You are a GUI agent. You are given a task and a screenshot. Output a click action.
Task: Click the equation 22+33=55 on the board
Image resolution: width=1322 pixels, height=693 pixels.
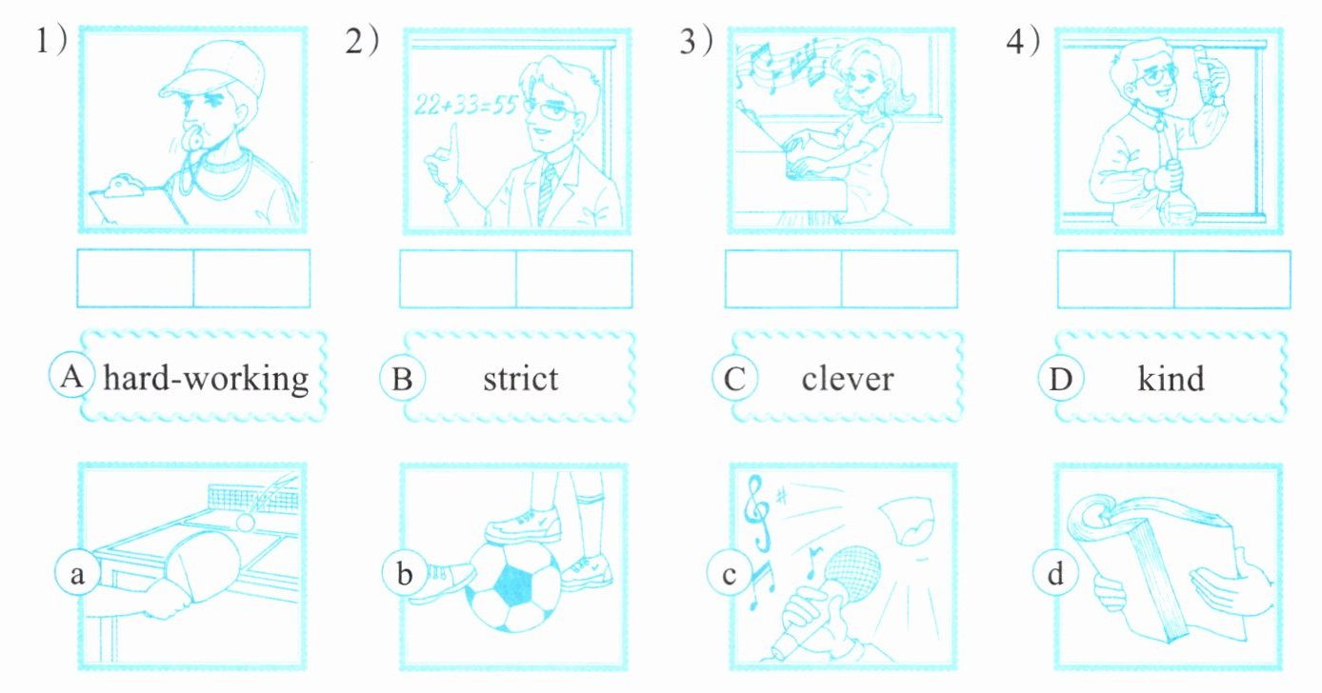pyautogui.click(x=466, y=106)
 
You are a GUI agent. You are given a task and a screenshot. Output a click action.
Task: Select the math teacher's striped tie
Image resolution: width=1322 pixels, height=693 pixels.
pyautogui.click(x=547, y=194)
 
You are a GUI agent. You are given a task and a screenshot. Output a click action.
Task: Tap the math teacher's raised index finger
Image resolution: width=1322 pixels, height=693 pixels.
pyautogui.click(x=453, y=140)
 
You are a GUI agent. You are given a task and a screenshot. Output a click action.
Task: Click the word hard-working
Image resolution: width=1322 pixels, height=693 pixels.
pyautogui.click(x=206, y=379)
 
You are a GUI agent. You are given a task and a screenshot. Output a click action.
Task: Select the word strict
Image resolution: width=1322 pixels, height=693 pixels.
pyautogui.click(x=521, y=379)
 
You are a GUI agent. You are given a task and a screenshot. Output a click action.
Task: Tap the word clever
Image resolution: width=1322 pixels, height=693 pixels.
pyautogui.click(x=848, y=379)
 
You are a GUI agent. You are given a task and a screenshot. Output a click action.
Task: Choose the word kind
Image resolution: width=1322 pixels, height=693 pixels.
pyautogui.click(x=1171, y=379)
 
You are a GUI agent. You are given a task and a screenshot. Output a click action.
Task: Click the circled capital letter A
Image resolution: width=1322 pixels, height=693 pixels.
pyautogui.click(x=71, y=376)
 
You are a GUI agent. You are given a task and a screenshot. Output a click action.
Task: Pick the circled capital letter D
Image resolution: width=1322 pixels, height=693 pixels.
pyautogui.click(x=1060, y=378)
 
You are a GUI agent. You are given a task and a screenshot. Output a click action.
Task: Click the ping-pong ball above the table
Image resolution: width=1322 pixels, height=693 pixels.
pyautogui.click(x=245, y=523)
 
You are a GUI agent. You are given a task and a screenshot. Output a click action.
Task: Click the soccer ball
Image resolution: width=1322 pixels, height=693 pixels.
pyautogui.click(x=513, y=586)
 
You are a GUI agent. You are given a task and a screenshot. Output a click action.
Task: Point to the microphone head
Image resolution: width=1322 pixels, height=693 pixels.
pyautogui.click(x=851, y=573)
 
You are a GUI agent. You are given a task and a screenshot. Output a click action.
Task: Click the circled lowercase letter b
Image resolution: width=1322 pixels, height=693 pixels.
pyautogui.click(x=404, y=574)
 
